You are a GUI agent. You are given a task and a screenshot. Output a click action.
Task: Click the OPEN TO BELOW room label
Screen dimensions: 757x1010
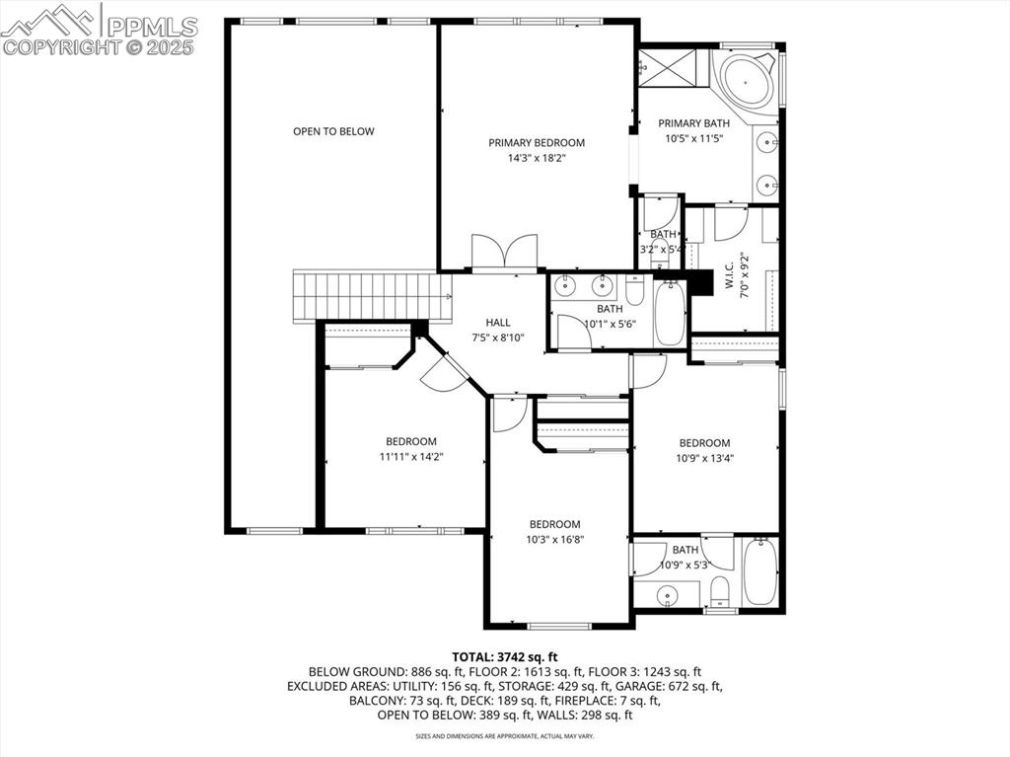click(333, 131)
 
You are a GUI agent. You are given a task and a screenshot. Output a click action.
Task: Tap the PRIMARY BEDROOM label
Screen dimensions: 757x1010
click(537, 143)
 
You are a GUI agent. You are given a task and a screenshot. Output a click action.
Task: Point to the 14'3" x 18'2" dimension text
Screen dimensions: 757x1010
click(537, 158)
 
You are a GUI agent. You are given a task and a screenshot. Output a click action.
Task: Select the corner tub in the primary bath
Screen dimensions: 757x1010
click(747, 82)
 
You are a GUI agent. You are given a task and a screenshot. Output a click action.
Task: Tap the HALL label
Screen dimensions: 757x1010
click(498, 323)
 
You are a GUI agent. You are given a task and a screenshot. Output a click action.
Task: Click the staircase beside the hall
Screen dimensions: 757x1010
click(371, 296)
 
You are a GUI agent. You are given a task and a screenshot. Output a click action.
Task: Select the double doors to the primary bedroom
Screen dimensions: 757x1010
click(504, 252)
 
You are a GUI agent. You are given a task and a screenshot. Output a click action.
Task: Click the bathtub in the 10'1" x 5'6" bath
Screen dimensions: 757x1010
click(669, 313)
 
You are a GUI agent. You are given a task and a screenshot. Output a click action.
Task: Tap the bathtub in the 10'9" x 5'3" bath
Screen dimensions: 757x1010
click(760, 572)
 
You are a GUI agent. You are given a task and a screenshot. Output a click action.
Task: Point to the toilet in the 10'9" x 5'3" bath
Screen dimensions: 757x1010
click(719, 590)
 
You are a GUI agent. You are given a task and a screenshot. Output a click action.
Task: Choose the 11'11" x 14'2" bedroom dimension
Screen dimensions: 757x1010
click(410, 457)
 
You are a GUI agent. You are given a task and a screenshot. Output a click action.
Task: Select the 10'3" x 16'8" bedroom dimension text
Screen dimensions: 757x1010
click(554, 540)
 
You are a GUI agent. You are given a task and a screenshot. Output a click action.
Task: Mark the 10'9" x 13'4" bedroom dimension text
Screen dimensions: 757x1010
click(704, 458)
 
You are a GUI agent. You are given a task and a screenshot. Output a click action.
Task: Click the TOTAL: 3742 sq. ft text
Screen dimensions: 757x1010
click(505, 656)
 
